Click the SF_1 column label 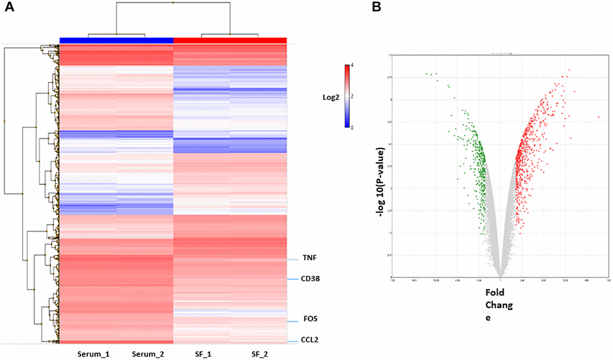click(203, 352)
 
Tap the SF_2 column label click(258, 352)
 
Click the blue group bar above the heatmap click(117, 40)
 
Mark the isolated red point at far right click(599, 117)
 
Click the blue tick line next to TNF click(292, 260)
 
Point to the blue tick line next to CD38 click(292, 279)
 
